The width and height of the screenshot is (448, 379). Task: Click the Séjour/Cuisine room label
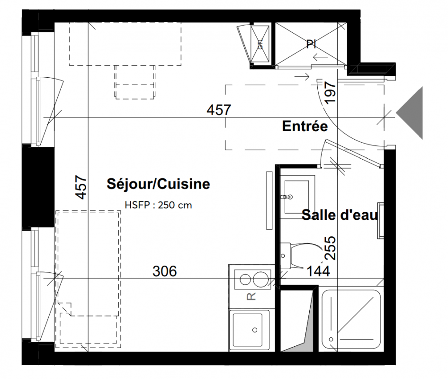(158, 184)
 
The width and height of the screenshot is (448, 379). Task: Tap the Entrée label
(305, 126)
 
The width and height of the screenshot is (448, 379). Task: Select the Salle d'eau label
(340, 215)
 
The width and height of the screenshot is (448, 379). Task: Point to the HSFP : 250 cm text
(158, 205)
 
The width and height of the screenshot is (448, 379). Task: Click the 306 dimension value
(165, 271)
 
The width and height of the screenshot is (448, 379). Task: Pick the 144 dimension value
(318, 271)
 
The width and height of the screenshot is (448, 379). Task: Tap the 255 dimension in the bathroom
(331, 248)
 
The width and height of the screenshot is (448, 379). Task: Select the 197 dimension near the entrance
(331, 93)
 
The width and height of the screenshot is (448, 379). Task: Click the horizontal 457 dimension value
(219, 110)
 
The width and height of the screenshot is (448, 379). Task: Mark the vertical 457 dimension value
(81, 187)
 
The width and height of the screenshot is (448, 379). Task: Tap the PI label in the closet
(311, 44)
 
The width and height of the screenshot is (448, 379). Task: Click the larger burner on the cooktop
(260, 279)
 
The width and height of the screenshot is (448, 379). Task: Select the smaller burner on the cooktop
(245, 280)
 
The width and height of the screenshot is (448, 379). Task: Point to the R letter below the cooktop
(251, 297)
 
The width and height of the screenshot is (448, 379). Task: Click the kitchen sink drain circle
(255, 330)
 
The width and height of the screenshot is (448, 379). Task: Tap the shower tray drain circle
(331, 340)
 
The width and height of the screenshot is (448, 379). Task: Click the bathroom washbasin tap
(287, 197)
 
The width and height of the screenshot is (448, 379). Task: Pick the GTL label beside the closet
(260, 45)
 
